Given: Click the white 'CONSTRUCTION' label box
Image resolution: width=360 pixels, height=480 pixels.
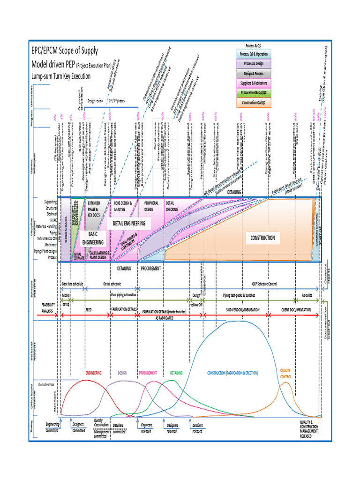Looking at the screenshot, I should pos(262,238).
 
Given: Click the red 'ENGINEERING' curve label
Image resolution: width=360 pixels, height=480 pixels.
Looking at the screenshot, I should pos(94,373).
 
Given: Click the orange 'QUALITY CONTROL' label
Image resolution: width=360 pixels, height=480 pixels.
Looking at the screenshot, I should pos(286,373).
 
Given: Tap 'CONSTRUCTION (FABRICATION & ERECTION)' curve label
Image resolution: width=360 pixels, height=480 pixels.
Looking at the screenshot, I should pos(232,373).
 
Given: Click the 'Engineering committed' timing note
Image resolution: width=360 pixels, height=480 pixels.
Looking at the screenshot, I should pos(52,426).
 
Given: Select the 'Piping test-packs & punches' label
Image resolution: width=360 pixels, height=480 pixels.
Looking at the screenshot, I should pos(240,296).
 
